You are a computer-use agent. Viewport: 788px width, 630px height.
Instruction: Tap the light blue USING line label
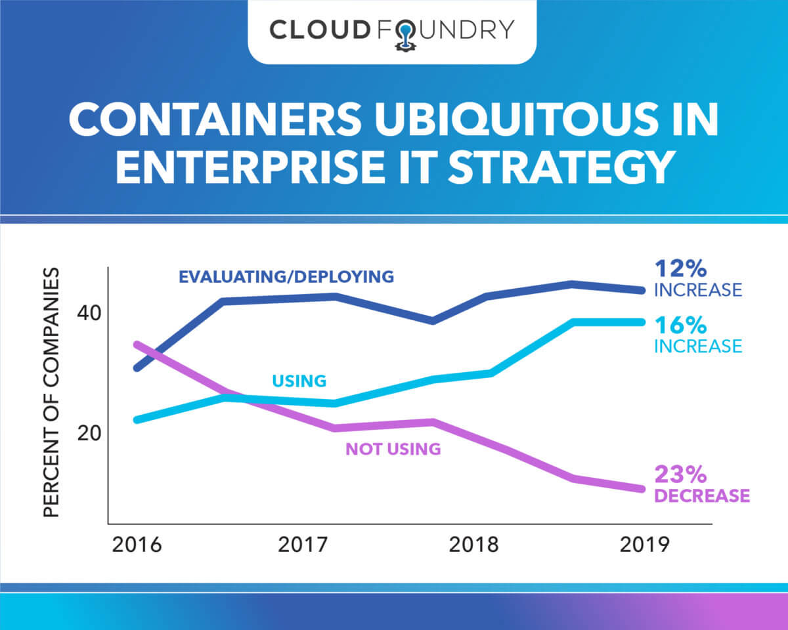tap(299, 381)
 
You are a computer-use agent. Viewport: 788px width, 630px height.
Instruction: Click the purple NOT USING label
tap(393, 450)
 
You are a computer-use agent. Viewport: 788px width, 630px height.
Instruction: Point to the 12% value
tap(680, 268)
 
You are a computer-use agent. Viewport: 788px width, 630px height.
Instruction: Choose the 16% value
tap(680, 324)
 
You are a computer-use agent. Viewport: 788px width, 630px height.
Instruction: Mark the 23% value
tap(680, 473)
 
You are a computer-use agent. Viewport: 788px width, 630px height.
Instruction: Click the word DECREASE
tap(702, 495)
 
